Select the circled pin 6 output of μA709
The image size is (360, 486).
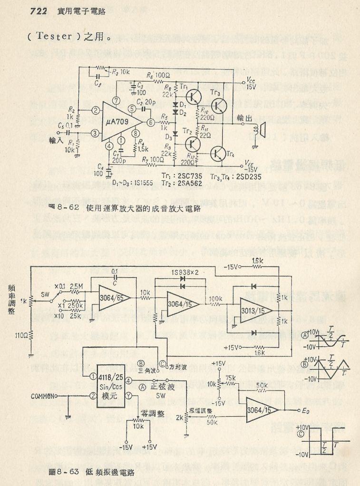tap(151, 122)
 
